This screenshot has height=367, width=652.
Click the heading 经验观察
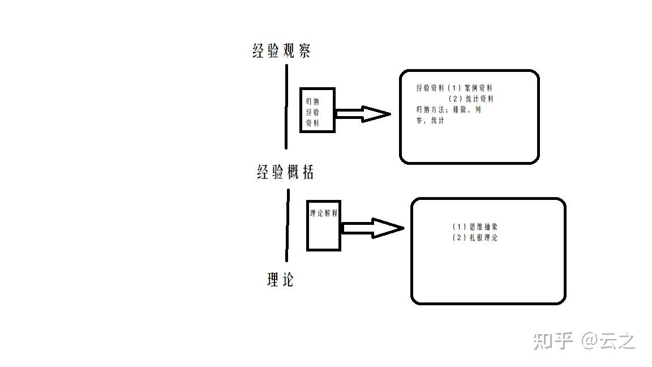pos(281,51)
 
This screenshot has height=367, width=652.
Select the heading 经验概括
pos(285,172)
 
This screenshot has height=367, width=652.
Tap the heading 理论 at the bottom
pos(280,279)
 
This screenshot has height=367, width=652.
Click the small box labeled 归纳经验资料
pos(317,110)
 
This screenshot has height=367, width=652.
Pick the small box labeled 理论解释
pos(323,225)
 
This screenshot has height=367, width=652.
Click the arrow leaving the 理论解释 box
pos(373,228)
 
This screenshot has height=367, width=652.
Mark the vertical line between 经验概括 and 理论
pos(288,225)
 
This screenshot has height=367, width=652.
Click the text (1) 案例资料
pos(470,88)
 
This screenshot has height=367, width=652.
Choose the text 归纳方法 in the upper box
pos(430,110)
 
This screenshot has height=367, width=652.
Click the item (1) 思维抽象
pos(475,227)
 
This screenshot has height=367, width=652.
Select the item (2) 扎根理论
pos(475,238)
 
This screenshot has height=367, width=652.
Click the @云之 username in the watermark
pos(609,340)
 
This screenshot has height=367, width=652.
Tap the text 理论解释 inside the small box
pos(324,214)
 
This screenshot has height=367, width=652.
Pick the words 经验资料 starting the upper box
pos(430,88)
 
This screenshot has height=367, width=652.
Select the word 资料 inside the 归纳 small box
pos(312,122)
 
